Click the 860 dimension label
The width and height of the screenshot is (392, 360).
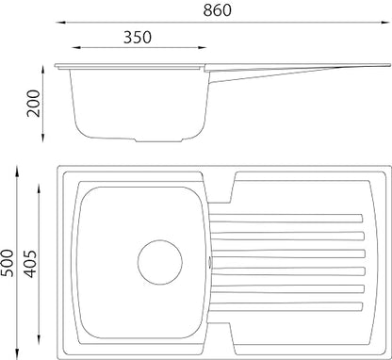click(217, 9)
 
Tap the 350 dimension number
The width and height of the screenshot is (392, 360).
click(138, 37)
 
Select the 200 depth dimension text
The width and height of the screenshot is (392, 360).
click(34, 104)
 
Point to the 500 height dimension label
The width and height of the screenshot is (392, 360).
click(8, 263)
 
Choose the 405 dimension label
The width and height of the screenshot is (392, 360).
click(30, 264)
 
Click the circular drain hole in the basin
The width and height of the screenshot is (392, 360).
click(160, 262)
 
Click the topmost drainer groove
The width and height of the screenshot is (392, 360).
click(286, 219)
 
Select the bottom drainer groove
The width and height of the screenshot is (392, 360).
click(286, 307)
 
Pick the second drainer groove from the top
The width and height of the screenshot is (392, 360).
click(287, 236)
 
